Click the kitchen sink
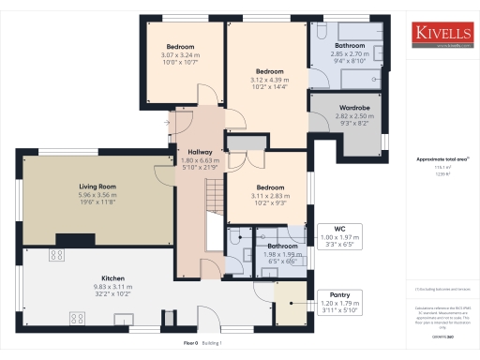(x=57, y=254)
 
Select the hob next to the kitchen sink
(x=73, y=320)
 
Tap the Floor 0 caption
(x=190, y=343)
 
